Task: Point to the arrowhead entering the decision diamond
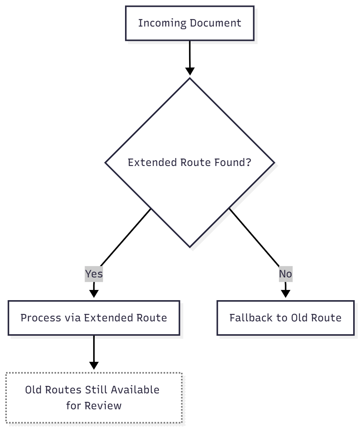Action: point(189,71)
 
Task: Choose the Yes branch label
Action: point(94,274)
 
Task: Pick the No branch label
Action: point(285,274)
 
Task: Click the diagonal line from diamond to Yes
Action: point(125,238)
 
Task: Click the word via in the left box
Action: point(72,318)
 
